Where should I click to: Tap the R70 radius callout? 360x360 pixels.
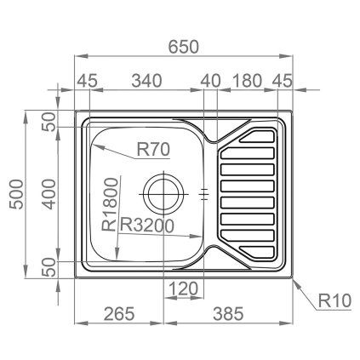[154, 151]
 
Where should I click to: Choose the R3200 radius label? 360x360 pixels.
[147, 226]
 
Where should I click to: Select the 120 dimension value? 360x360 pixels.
[184, 289]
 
